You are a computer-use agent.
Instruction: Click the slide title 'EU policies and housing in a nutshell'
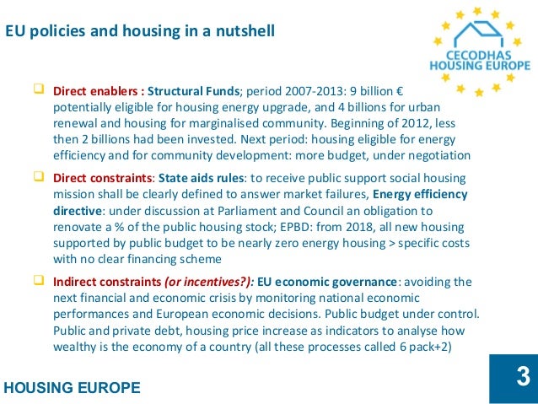[140, 32]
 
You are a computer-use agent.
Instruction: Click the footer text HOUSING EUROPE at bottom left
[73, 388]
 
